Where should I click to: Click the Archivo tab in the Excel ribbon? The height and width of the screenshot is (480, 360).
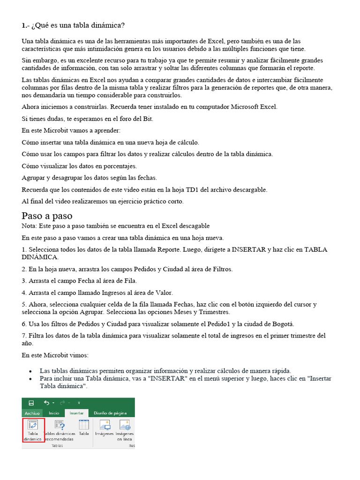click(x=32, y=413)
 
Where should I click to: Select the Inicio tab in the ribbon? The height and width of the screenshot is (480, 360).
click(x=54, y=413)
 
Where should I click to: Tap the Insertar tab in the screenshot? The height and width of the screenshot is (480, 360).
click(x=76, y=413)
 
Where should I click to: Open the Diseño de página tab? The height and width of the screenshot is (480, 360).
click(x=110, y=413)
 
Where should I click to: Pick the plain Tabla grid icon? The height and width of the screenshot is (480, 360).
click(x=84, y=425)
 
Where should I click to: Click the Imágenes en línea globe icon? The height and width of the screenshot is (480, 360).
click(x=125, y=425)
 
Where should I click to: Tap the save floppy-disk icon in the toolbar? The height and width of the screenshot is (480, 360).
click(x=31, y=403)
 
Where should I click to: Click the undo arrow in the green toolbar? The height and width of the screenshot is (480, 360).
click(x=46, y=403)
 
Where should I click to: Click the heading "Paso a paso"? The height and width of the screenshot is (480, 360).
click(x=47, y=216)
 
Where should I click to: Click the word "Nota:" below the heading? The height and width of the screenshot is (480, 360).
click(x=30, y=226)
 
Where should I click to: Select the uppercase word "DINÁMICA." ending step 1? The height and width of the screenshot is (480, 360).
click(x=40, y=257)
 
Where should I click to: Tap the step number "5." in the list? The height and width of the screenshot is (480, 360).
click(x=24, y=304)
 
